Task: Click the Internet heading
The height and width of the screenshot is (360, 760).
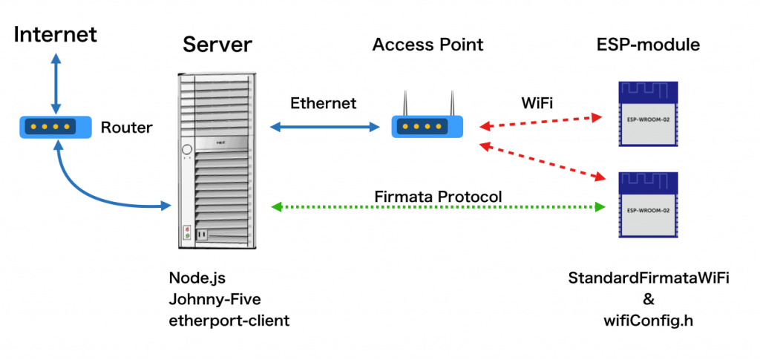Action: (56, 34)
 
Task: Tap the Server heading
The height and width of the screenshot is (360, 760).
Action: (217, 45)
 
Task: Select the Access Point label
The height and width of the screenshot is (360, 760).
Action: (427, 45)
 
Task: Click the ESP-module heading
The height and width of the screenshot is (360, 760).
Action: (648, 45)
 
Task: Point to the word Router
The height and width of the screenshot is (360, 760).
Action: (126, 128)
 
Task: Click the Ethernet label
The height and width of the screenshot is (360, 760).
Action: (323, 103)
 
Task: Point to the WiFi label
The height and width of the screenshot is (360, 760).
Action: (536, 103)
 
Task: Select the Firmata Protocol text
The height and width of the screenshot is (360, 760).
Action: (438, 197)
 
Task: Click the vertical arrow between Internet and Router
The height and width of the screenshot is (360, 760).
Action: (56, 81)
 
